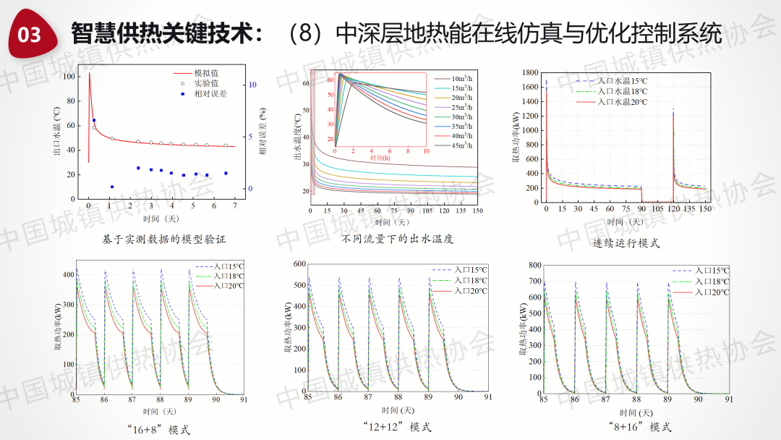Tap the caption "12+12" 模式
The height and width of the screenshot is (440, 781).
coord(397,427)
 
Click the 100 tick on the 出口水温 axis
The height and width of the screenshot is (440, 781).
coord(69,76)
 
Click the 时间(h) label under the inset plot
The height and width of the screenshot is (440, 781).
coord(380,158)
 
